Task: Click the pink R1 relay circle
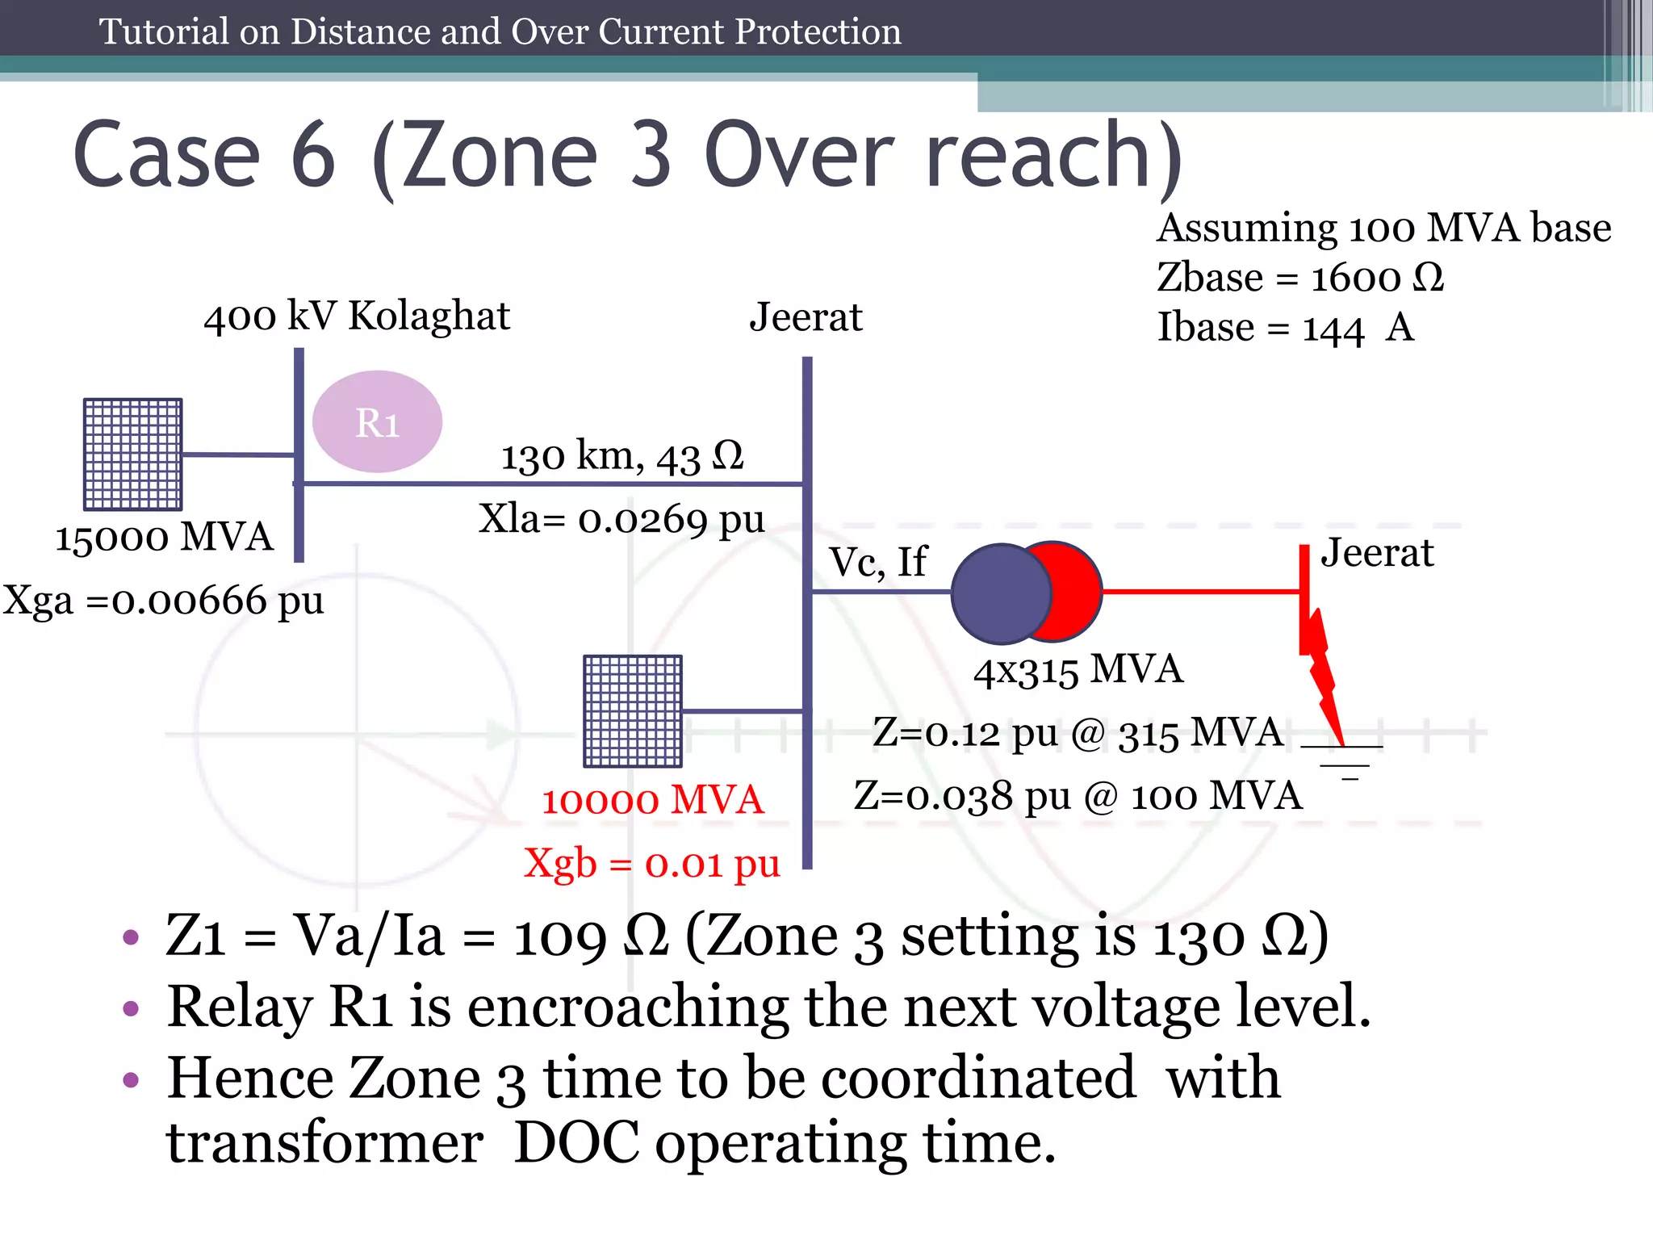pyautogui.click(x=377, y=421)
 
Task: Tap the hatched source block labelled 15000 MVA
pyautogui.click(x=133, y=455)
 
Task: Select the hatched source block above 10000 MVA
pyautogui.click(x=633, y=711)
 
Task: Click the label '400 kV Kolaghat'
pyautogui.click(x=357, y=316)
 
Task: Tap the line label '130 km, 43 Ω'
pyautogui.click(x=622, y=457)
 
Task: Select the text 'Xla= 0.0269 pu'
pyautogui.click(x=621, y=519)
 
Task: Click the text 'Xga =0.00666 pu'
pyautogui.click(x=163, y=601)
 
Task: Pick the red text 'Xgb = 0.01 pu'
pyautogui.click(x=652, y=864)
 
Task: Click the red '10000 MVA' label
pyautogui.click(x=652, y=800)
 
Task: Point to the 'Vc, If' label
pyautogui.click(x=878, y=562)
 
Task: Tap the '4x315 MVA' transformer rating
pyautogui.click(x=1078, y=670)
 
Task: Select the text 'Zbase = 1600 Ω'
pyautogui.click(x=1300, y=279)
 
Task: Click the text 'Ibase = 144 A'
pyautogui.click(x=1286, y=329)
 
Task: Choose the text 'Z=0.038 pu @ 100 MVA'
pyautogui.click(x=1078, y=796)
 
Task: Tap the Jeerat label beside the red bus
pyautogui.click(x=1377, y=554)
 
